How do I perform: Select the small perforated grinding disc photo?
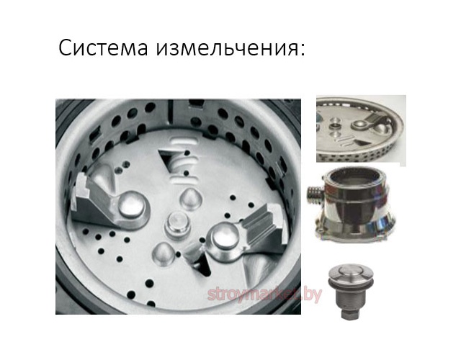click(360, 130)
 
